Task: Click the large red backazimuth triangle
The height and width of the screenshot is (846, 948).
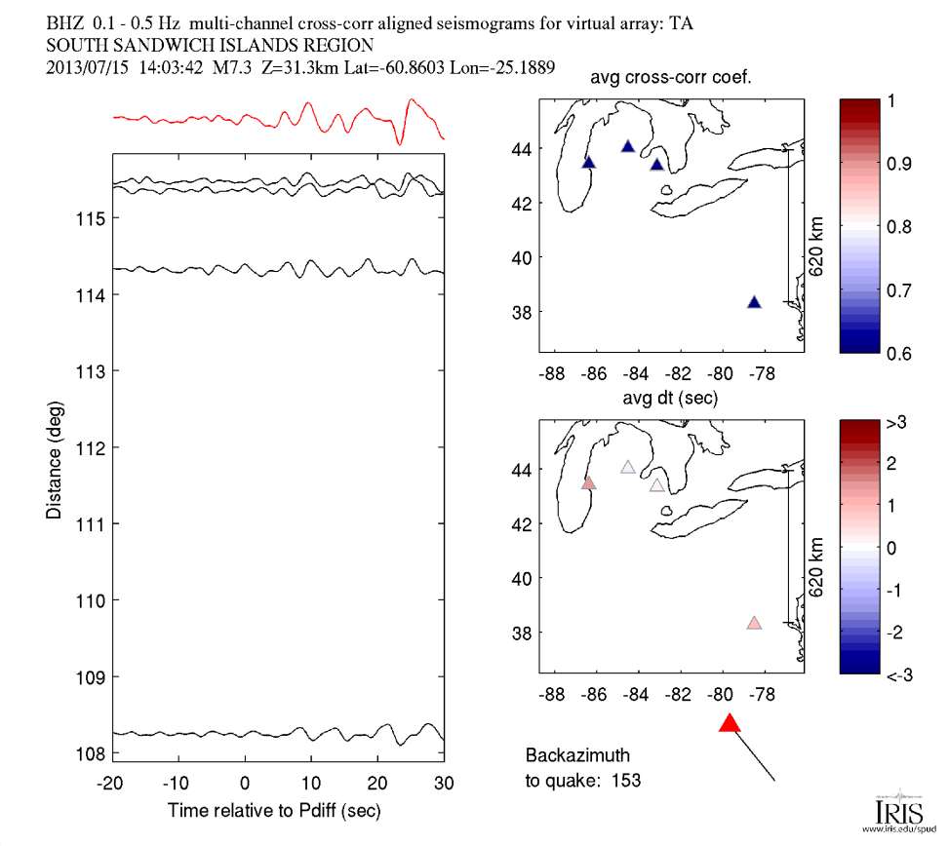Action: (730, 723)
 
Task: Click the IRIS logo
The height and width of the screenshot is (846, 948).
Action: (894, 810)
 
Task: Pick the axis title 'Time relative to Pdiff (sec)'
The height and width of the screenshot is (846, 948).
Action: (274, 810)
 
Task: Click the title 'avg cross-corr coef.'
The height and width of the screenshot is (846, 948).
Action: (671, 78)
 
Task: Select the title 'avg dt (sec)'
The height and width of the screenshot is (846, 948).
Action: (671, 399)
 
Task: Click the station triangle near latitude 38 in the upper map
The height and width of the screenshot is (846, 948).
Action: (754, 302)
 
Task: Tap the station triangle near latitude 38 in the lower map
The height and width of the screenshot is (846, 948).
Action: (754, 623)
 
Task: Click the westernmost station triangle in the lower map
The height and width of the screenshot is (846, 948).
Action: (588, 483)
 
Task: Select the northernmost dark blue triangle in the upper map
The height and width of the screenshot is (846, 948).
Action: (628, 146)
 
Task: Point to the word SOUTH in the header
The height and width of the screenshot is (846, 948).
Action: (75, 46)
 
